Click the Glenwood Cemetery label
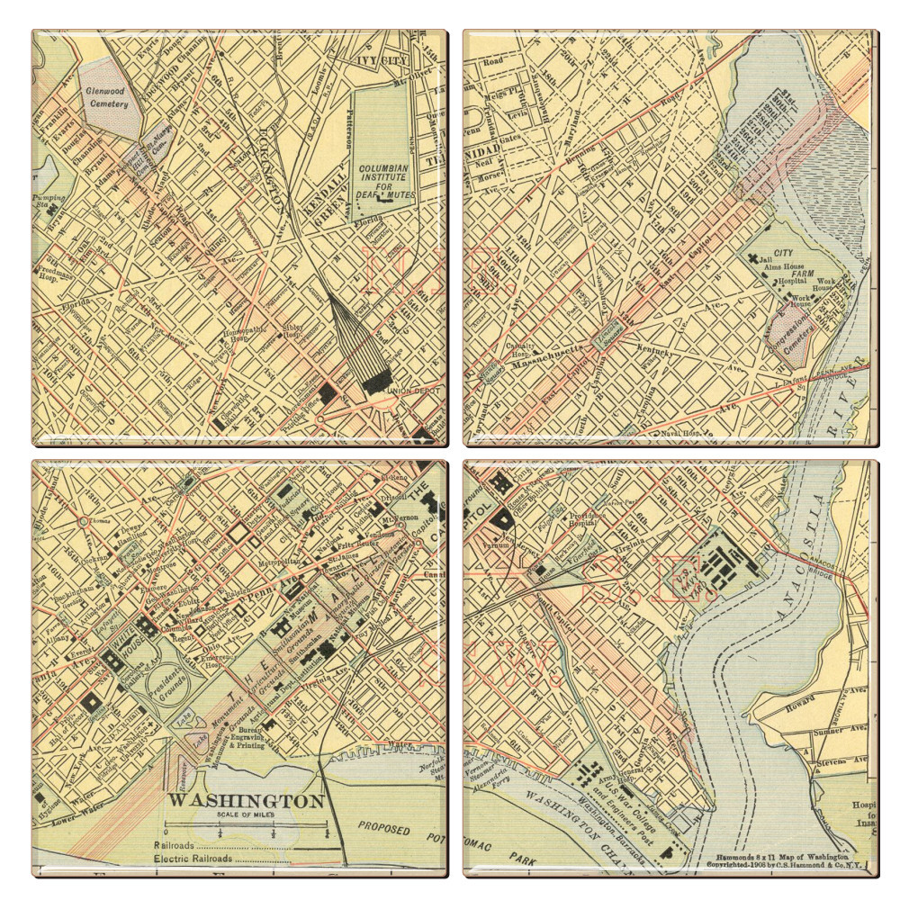(107, 97)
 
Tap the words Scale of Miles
(246, 814)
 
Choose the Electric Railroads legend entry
(193, 859)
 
